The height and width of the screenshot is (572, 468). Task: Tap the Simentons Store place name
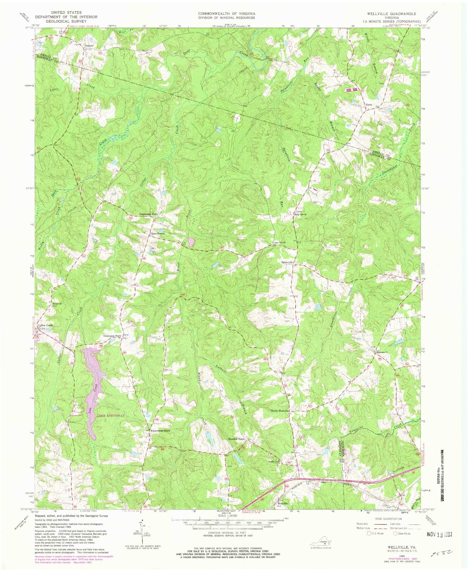click(x=149, y=214)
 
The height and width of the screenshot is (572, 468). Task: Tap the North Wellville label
click(x=280, y=411)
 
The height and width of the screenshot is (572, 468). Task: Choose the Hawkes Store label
click(x=236, y=439)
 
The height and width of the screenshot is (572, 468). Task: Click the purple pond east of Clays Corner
click(x=191, y=241)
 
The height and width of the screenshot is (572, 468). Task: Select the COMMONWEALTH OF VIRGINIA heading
click(x=227, y=14)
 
